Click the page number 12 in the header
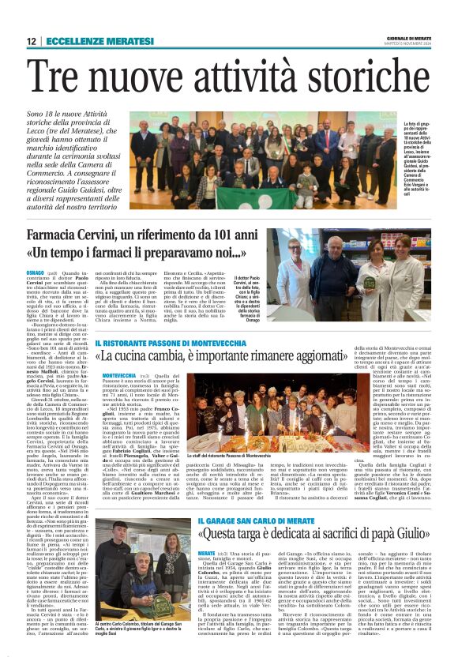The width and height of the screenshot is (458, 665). [31, 40]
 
